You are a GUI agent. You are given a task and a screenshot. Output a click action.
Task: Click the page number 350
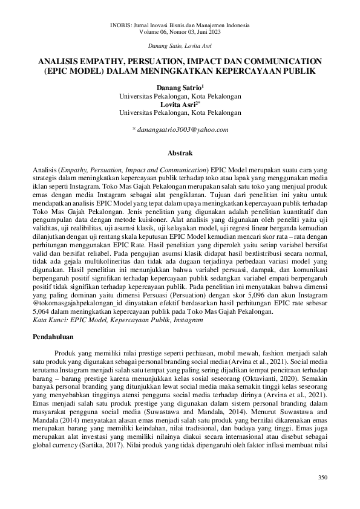click(322, 478)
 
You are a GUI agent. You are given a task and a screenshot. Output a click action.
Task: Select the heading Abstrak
click(180, 154)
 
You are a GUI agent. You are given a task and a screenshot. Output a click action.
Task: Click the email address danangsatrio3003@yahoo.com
click(180, 129)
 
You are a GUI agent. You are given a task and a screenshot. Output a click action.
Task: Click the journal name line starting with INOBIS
click(180, 26)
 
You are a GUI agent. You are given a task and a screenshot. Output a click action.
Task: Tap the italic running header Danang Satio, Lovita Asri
click(180, 46)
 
